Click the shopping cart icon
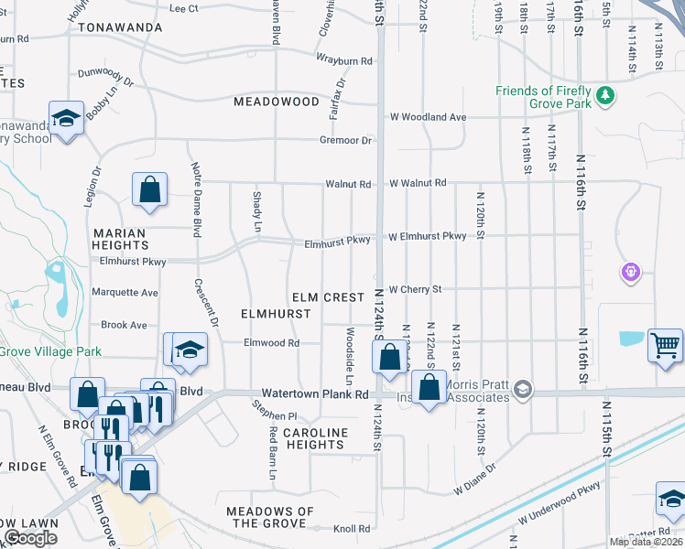pos(666,346)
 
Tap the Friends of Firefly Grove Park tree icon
pos(604,95)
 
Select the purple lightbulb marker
pos(631,271)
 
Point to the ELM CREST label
pos(328,297)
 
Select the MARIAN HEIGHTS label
pos(119,240)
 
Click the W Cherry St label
pos(415,289)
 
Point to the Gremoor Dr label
pos(345,140)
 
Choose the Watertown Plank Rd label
pos(315,394)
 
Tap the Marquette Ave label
pos(125,293)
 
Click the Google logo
pos(30,538)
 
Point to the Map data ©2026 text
pos(646,542)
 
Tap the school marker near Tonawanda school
pos(67,119)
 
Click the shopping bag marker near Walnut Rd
pos(150,190)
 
